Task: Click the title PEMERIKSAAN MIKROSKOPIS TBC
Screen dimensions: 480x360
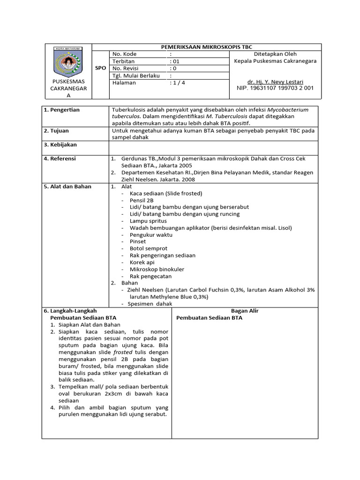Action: tap(207, 47)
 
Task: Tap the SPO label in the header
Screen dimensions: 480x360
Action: tap(100, 68)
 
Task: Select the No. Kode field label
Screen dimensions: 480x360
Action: tap(125, 54)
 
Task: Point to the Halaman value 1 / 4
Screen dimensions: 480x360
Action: tap(177, 82)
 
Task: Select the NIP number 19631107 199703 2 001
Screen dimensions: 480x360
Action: tap(275, 88)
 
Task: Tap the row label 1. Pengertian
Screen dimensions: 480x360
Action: tap(61, 110)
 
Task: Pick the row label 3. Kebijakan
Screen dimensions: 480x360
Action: tap(60, 145)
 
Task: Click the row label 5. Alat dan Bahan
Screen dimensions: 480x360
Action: tap(67, 186)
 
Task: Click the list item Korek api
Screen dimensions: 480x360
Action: tap(142, 262)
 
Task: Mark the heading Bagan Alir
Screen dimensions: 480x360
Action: tap(245, 310)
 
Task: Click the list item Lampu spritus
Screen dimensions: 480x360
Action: tap(148, 220)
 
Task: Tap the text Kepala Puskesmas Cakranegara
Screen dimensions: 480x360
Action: tap(275, 61)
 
